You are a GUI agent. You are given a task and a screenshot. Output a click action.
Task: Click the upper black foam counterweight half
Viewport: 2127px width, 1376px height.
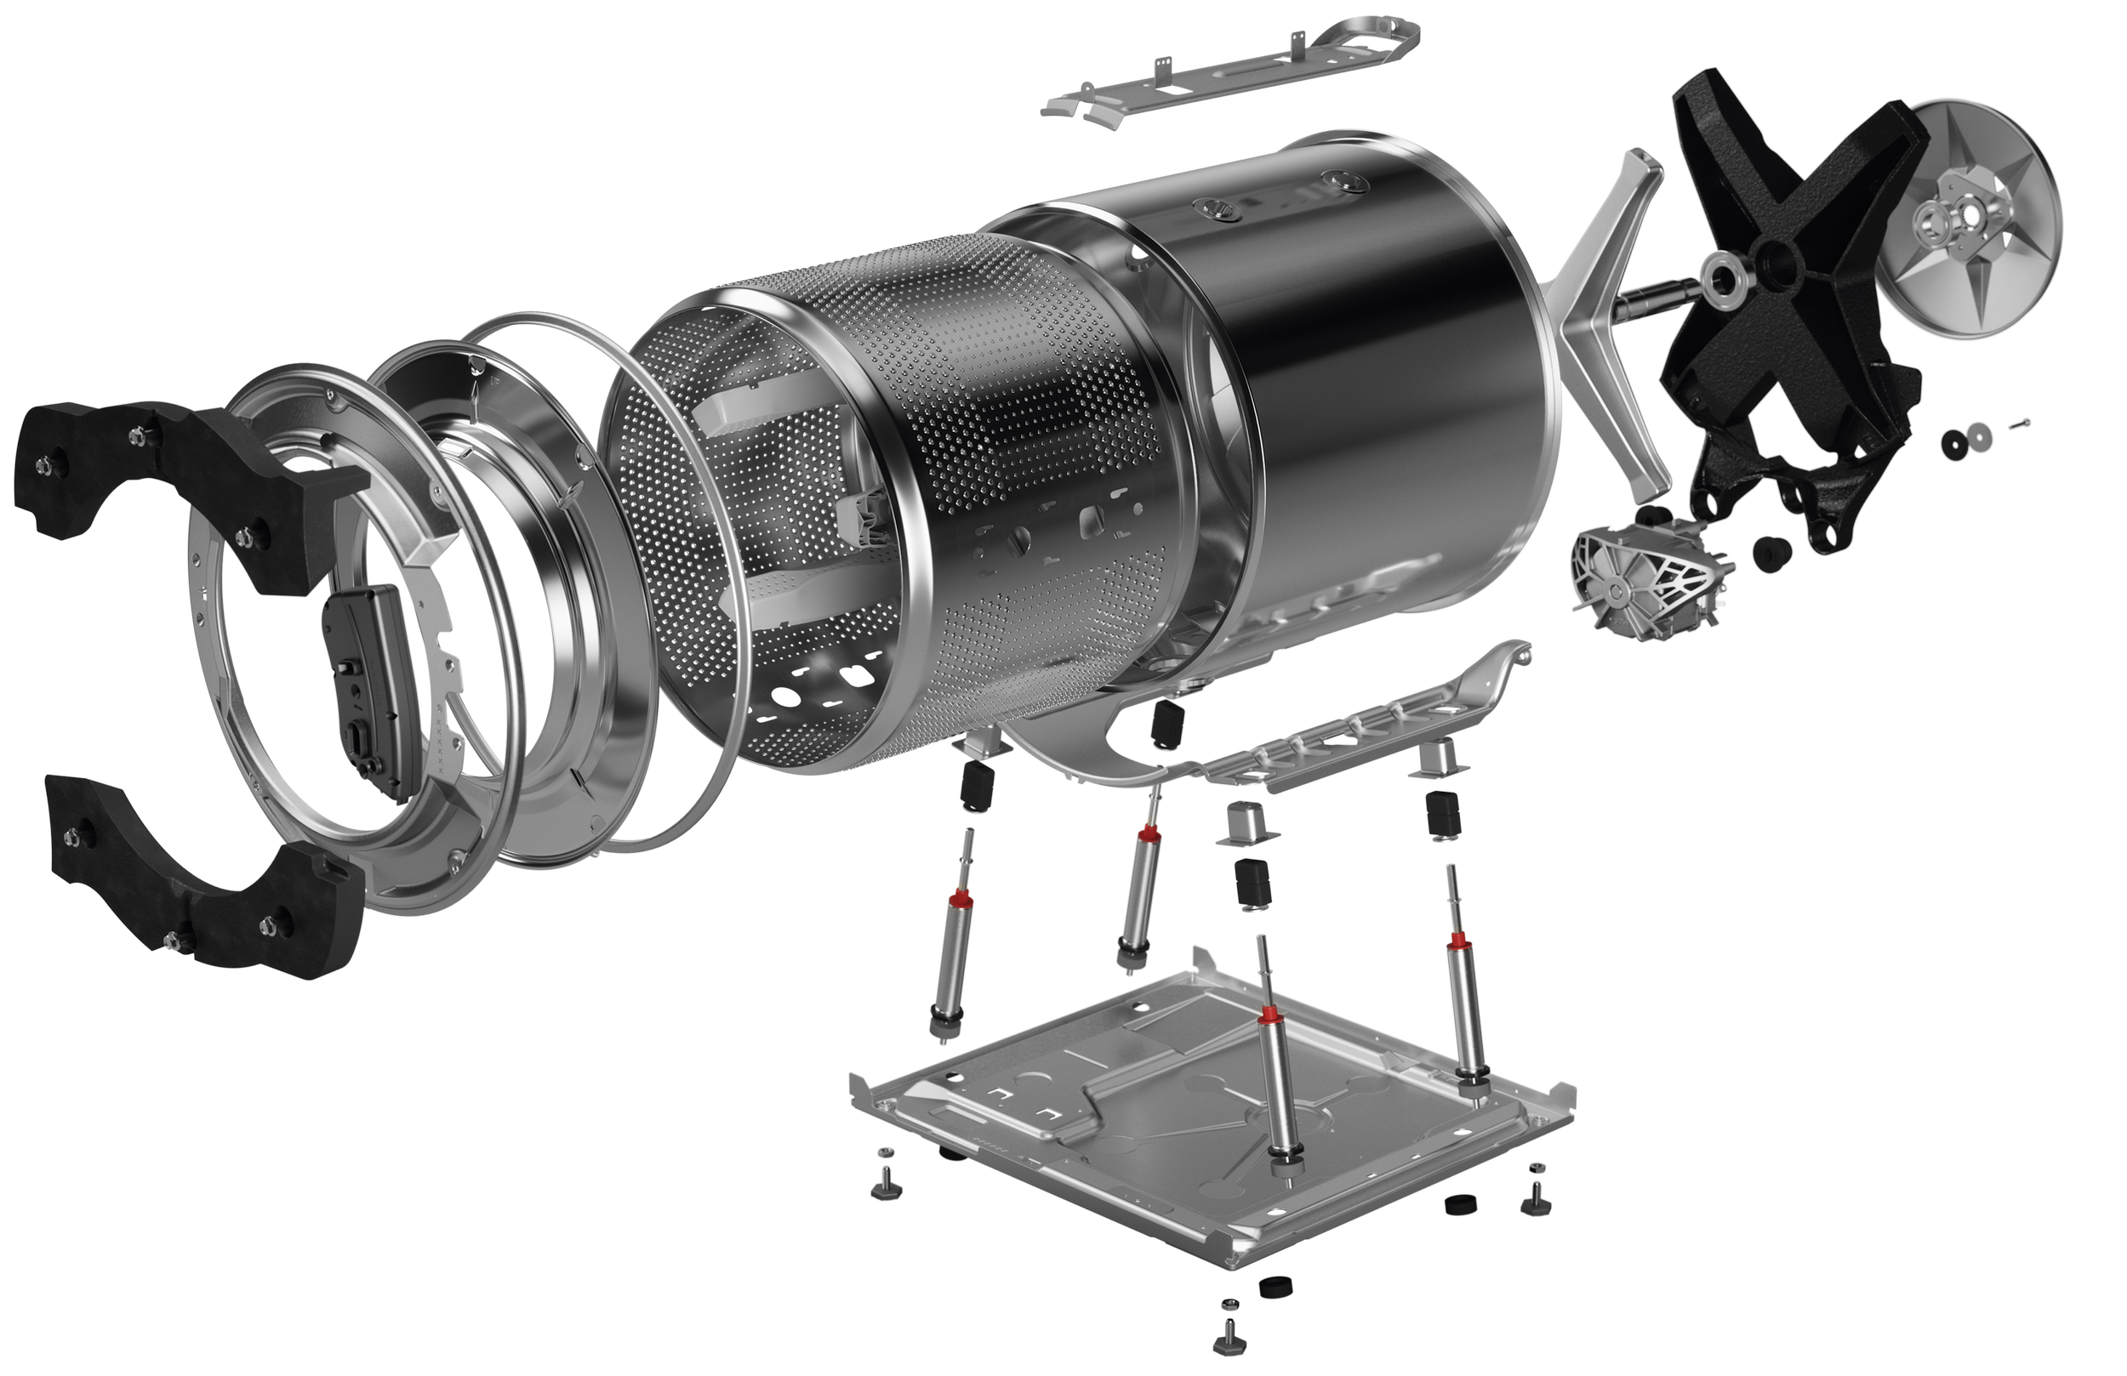point(179,482)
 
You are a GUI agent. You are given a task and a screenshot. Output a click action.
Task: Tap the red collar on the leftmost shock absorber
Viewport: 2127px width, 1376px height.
point(962,897)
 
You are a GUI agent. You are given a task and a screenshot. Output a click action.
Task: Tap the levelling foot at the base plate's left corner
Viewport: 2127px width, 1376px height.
point(885,1188)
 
